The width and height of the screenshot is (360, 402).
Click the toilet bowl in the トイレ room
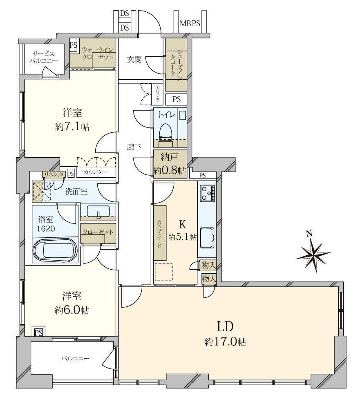(165, 132)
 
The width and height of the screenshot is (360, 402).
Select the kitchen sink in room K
(207, 238)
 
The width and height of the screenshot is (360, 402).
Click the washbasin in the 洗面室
(99, 212)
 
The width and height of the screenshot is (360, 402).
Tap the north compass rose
(313, 252)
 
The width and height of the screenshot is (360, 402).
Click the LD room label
(225, 327)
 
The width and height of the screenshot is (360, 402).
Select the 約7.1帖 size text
(72, 127)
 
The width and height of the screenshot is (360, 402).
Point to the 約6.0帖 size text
(72, 310)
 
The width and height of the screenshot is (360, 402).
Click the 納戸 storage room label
(170, 157)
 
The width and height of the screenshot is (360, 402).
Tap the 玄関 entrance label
(134, 60)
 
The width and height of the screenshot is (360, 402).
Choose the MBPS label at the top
(190, 24)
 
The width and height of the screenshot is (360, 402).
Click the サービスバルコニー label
(43, 57)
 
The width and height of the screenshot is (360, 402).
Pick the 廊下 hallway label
(134, 147)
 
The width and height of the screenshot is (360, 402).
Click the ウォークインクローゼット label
(97, 54)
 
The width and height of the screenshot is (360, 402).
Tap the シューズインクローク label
(176, 64)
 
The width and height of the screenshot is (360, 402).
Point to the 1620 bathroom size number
(46, 229)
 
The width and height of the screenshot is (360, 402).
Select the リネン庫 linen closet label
(54, 174)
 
